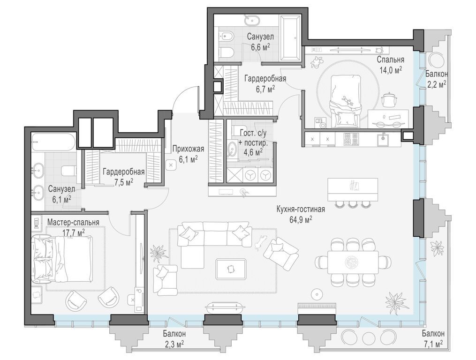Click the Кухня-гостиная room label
pyautogui.click(x=301, y=209)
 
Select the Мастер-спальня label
pyautogui.click(x=73, y=222)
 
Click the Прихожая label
pyautogui.click(x=188, y=149)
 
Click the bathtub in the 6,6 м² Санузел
pyautogui.click(x=290, y=38)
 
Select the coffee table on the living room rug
pyautogui.click(x=230, y=269)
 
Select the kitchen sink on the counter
pyautogui.click(x=384, y=139)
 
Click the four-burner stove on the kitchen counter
pyautogui.click(x=352, y=139)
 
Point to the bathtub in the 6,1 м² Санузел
pyautogui.click(x=53, y=142)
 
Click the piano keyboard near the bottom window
pyautogui.click(x=317, y=308)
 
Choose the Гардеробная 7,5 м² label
pyautogui.click(x=123, y=177)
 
